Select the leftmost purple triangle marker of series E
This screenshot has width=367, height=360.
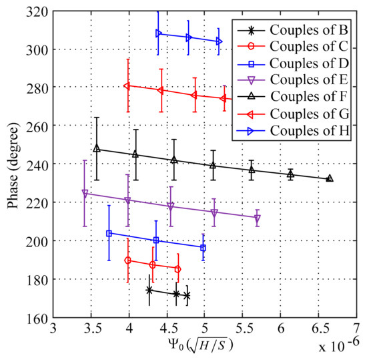pyautogui.click(x=85, y=193)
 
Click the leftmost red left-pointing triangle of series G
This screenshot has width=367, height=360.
pyautogui.click(x=127, y=85)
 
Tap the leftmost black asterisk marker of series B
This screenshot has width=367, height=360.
pyautogui.click(x=149, y=291)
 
